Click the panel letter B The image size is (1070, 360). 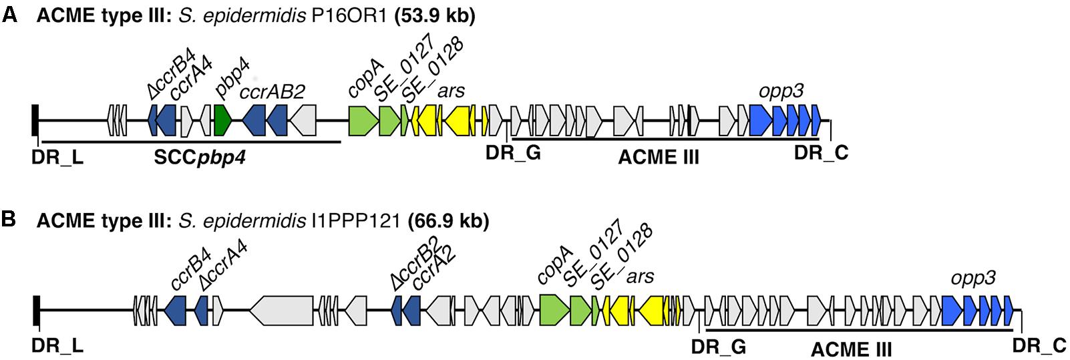pyautogui.click(x=9, y=220)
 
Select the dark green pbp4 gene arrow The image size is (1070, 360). pyautogui.click(x=222, y=121)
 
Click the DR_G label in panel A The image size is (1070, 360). pyautogui.click(x=512, y=154)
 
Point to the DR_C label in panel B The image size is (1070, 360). pyautogui.click(x=1039, y=346)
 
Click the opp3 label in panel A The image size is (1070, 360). pyautogui.click(x=781, y=92)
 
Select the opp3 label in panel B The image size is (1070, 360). pyautogui.click(x=972, y=279)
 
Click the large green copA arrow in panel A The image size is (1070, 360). pyautogui.click(x=363, y=121)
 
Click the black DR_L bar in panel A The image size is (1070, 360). pyautogui.click(x=35, y=121)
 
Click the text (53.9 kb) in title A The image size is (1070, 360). pyautogui.click(x=435, y=16)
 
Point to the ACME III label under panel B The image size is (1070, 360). pyautogui.click(x=851, y=349)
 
